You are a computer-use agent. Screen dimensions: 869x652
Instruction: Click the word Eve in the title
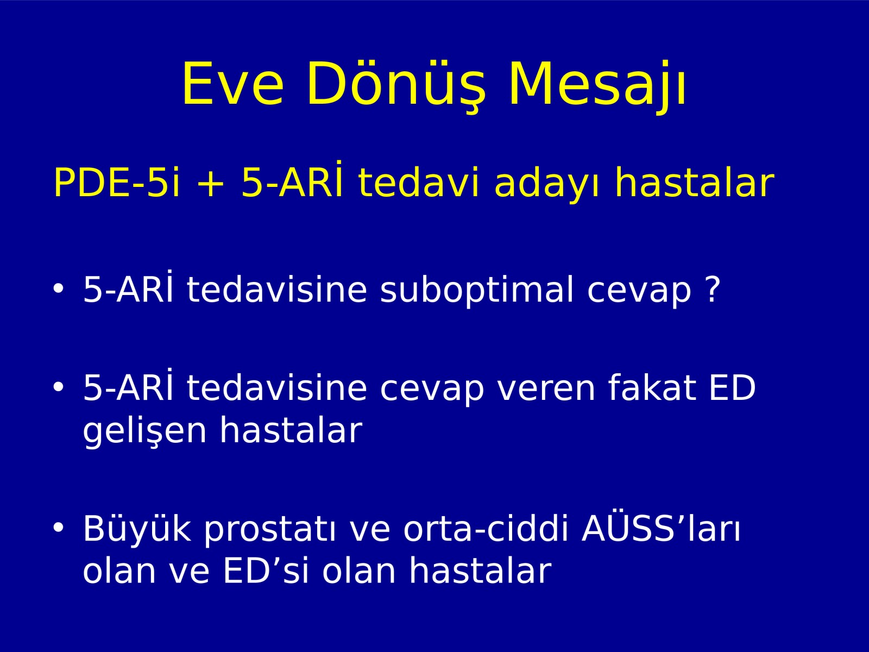coord(233,84)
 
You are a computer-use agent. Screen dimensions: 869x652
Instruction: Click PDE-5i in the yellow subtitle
coord(117,182)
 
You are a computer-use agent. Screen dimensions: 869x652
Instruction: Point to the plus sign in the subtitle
coord(211,184)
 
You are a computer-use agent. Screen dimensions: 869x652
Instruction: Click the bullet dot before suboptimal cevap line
coord(58,288)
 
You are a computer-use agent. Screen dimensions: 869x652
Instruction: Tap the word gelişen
coord(144,430)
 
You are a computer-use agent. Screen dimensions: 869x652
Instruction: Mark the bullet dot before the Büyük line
coord(58,528)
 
